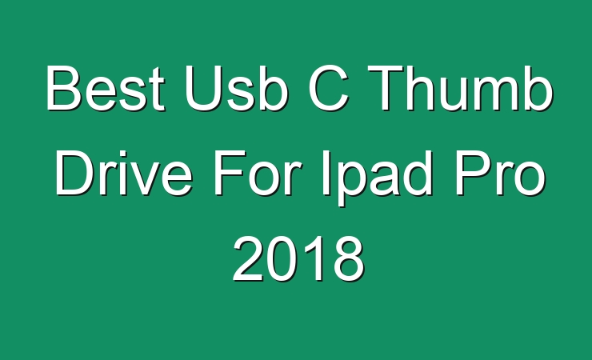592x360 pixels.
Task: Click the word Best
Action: (x=106, y=88)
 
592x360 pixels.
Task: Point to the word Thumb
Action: (x=460, y=88)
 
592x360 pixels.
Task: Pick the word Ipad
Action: (x=377, y=178)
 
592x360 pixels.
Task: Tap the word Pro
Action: (x=501, y=173)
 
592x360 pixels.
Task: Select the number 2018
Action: (x=299, y=258)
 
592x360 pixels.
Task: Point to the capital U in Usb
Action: (x=203, y=89)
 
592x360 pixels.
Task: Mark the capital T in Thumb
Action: (x=386, y=89)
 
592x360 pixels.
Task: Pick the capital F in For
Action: (x=230, y=173)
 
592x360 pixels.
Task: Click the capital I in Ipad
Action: (x=326, y=173)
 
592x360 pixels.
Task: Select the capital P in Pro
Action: (x=473, y=173)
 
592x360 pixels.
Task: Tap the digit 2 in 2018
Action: (x=248, y=258)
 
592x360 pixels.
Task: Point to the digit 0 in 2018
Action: (x=282, y=259)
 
